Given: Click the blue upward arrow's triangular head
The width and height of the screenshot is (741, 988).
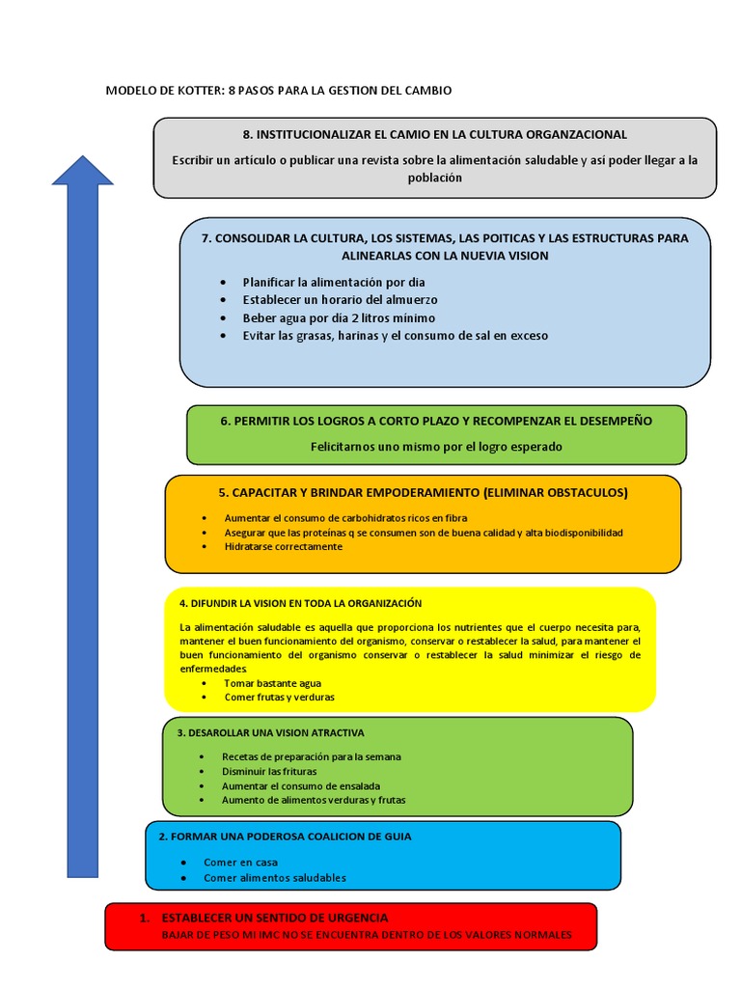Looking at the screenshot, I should point(82,171).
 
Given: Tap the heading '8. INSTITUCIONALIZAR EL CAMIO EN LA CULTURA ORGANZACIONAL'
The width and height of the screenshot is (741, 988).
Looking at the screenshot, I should point(434,134).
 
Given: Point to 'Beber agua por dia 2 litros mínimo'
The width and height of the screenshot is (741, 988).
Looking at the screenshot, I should point(339,317).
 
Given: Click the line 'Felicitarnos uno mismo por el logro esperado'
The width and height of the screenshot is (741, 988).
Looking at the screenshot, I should point(436,447).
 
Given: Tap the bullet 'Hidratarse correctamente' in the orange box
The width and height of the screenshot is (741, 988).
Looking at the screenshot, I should point(283,546).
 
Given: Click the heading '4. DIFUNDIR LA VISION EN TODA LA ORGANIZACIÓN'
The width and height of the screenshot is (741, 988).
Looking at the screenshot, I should point(301,603).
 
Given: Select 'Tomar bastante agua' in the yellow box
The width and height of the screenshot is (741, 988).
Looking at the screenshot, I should point(272,682).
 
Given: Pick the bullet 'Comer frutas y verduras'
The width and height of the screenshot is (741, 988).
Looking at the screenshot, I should point(279,697).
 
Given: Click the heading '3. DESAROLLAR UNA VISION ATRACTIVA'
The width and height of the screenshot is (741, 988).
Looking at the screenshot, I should point(270,732).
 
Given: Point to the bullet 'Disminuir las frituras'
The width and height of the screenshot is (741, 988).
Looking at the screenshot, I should point(269,771).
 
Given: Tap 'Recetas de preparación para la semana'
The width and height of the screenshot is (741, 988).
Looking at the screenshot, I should point(311,756).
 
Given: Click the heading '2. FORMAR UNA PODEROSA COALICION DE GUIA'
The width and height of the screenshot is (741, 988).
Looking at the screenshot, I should point(285,837).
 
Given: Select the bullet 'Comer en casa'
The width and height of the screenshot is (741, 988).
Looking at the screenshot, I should point(240,862).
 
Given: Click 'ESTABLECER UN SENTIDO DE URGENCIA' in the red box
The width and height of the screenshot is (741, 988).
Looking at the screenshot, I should point(275,918).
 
